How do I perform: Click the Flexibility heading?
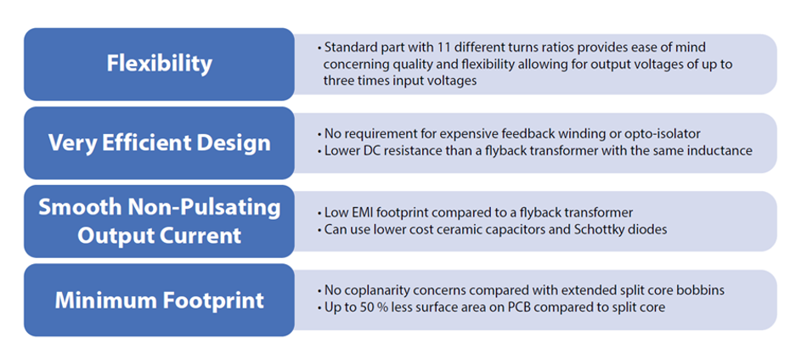(x=159, y=64)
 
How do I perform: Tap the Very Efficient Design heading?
(x=160, y=143)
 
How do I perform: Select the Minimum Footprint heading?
(x=160, y=301)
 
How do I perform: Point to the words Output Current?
(x=159, y=235)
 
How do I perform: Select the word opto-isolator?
(x=669, y=134)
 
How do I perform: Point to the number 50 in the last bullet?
(x=356, y=307)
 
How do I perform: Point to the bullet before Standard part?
(x=319, y=48)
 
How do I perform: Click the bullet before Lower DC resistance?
(x=319, y=151)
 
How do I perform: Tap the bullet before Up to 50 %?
(x=319, y=308)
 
